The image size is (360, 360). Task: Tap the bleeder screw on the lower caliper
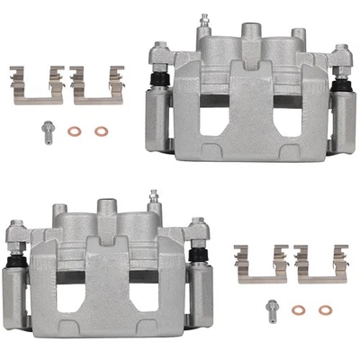154,197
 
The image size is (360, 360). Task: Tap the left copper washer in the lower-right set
300,310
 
